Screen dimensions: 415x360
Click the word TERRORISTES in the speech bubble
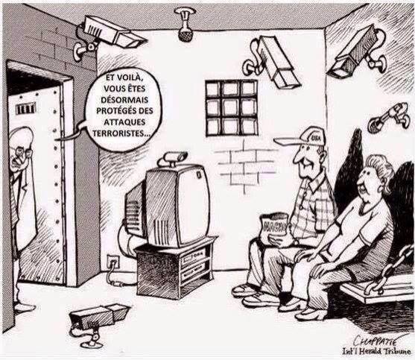(x=121, y=133)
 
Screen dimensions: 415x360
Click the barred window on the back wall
(x=231, y=107)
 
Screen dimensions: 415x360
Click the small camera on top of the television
(x=175, y=158)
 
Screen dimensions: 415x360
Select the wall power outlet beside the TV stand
(x=113, y=262)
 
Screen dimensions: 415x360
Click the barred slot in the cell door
(x=25, y=109)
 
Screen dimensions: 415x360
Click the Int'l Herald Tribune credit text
(x=376, y=352)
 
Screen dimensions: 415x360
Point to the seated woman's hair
(x=381, y=169)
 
